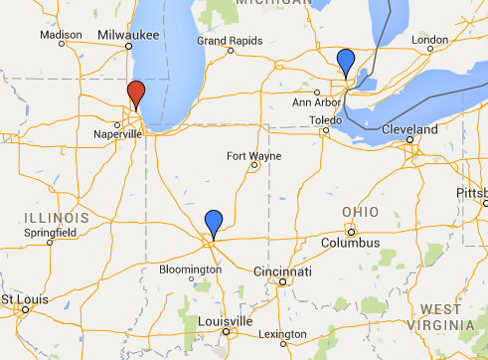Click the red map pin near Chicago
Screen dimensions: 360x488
[136, 94]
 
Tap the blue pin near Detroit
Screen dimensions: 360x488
[345, 62]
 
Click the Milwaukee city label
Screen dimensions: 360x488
[129, 34]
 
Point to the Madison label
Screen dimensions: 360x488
[61, 35]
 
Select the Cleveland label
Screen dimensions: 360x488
[407, 130]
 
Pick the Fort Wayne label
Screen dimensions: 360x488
[253, 156]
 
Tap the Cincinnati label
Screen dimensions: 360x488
[282, 271]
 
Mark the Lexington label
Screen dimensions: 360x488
[286, 333]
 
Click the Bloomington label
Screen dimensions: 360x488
[189, 270]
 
